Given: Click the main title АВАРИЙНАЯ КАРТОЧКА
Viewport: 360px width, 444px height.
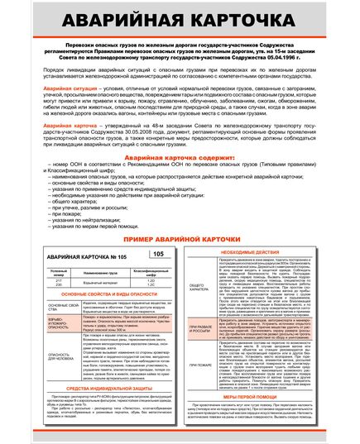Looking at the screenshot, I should point(180,19).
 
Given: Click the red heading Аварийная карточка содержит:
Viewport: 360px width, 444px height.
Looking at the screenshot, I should point(180,179).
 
